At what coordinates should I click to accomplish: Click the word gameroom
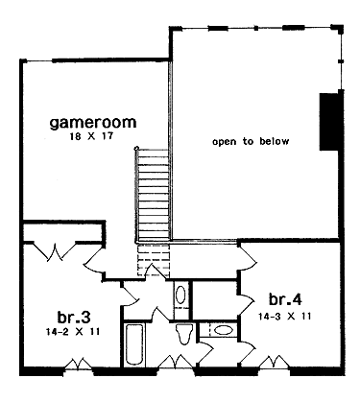tap(93, 123)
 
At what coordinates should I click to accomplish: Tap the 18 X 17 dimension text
tap(92, 136)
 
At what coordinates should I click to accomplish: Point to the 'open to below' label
tap(251, 141)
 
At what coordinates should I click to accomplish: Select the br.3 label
tap(74, 318)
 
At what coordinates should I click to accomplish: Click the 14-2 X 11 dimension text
tap(72, 332)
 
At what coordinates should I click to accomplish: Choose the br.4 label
tap(285, 299)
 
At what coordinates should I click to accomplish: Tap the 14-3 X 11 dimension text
tap(284, 317)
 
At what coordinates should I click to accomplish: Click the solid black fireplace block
tap(328, 122)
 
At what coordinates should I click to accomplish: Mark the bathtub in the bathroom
tap(132, 344)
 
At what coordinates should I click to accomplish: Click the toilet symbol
tap(184, 334)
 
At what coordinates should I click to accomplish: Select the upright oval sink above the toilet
tap(180, 295)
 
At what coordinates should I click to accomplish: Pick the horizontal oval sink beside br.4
tap(223, 330)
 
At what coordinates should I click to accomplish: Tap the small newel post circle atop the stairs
tap(136, 148)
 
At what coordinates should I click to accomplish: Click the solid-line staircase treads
tap(153, 195)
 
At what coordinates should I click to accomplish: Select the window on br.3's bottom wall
tap(79, 366)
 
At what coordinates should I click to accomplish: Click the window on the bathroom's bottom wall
tap(176, 363)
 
